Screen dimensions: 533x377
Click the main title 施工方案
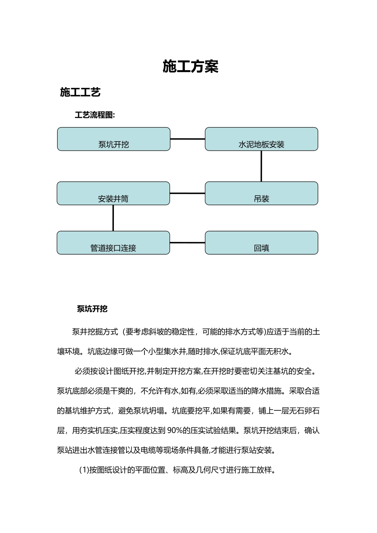pyautogui.click(x=190, y=67)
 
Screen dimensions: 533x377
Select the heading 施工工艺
pyautogui.click(x=80, y=92)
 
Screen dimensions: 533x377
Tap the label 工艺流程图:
pyautogui.click(x=95, y=115)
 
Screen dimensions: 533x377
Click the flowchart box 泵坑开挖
pyautogui.click(x=113, y=139)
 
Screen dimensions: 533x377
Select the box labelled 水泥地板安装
pyautogui.click(x=261, y=139)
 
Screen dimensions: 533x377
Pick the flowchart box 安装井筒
pyautogui.click(x=113, y=194)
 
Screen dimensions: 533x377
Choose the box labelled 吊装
pyautogui.click(x=261, y=194)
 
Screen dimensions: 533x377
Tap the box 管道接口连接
pyautogui.click(x=113, y=243)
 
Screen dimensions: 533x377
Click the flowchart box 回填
pyautogui.click(x=261, y=243)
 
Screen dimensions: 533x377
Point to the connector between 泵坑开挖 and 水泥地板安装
pyautogui.click(x=187, y=139)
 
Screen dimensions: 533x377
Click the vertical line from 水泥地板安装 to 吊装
pyautogui.click(x=261, y=166)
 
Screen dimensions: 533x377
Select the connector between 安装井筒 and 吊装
pyautogui.click(x=187, y=194)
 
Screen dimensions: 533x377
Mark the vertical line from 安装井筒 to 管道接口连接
pyautogui.click(x=113, y=218)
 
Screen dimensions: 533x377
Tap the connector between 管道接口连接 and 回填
pyautogui.click(x=187, y=243)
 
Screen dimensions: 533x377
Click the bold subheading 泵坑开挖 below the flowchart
pyautogui.click(x=92, y=309)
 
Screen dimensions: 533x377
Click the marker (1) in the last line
pyautogui.click(x=84, y=470)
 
